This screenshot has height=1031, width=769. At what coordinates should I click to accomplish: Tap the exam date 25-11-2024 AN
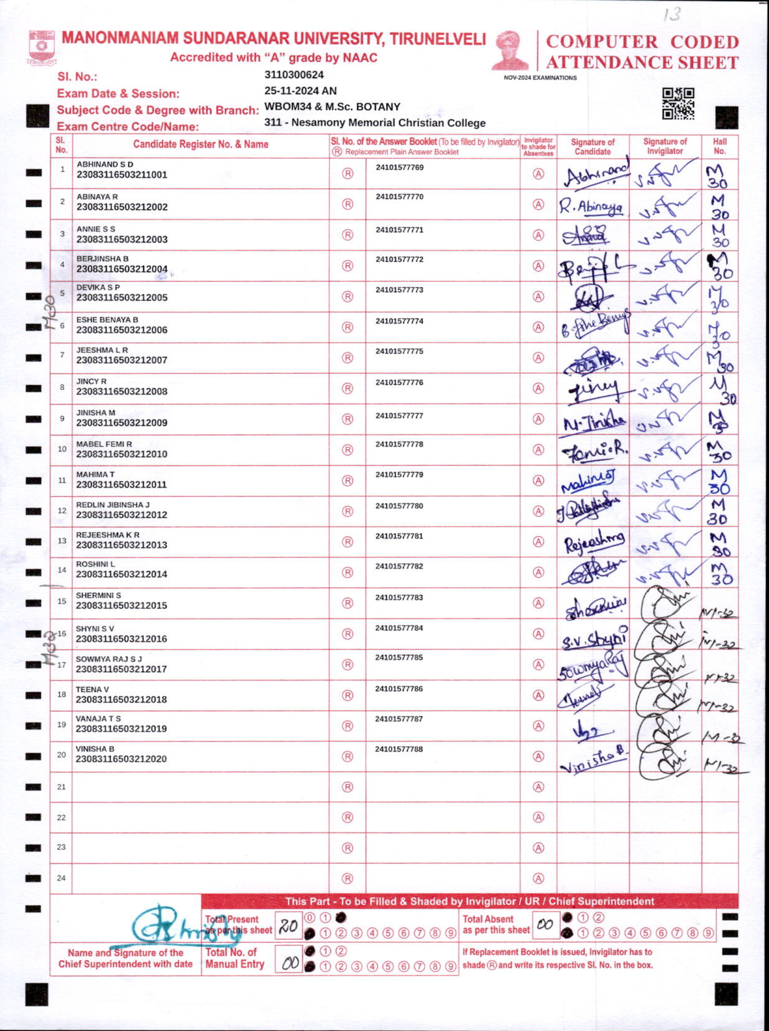[300, 91]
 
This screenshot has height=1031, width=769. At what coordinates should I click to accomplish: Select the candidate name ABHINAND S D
[105, 164]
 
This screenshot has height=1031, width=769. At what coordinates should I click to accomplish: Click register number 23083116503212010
[121, 454]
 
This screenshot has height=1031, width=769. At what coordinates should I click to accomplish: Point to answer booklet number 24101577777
[399, 415]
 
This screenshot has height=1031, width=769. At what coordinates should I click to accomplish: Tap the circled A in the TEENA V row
[538, 695]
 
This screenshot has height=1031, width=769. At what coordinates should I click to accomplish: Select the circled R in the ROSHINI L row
[347, 572]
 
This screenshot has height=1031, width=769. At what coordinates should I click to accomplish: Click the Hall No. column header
[719, 146]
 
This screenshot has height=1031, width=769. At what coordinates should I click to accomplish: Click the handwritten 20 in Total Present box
[288, 926]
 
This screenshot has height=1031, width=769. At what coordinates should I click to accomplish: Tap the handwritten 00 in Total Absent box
[545, 924]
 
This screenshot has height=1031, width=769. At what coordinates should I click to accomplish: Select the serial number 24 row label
[61, 878]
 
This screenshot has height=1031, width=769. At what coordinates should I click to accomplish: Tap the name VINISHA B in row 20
[95, 749]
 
